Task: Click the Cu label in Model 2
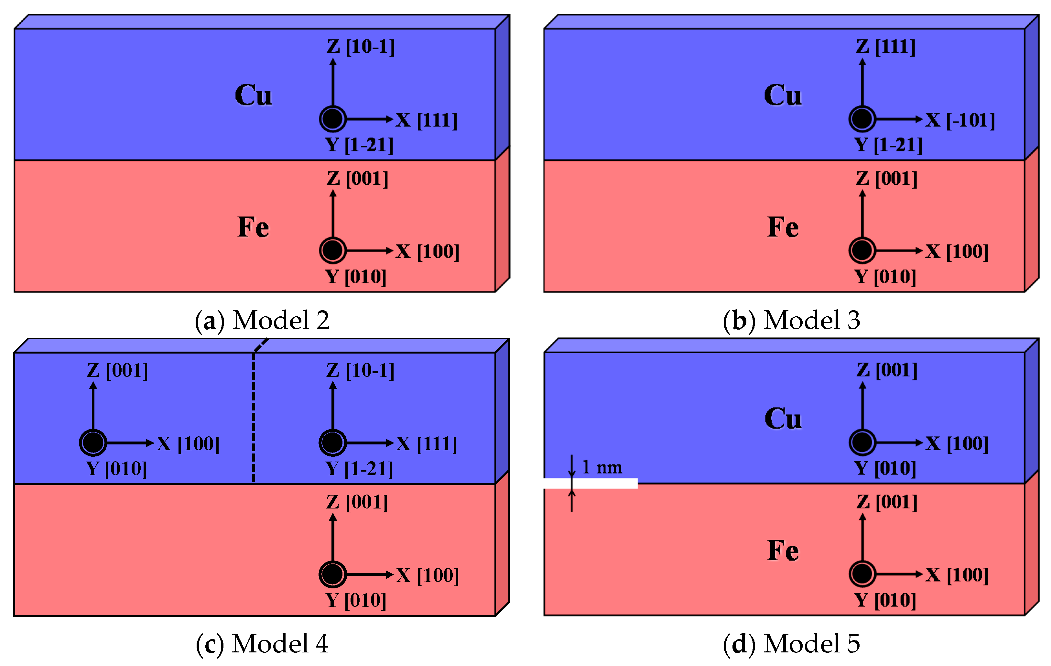point(253,95)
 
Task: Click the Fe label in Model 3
point(783,227)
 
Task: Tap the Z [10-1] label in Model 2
point(361,46)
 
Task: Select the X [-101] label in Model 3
point(960,120)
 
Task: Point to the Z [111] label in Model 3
point(885,46)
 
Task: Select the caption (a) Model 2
point(262,320)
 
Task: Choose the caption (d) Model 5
point(791,643)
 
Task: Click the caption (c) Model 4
point(262,643)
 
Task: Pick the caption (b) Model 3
point(791,320)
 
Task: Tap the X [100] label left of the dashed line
point(188,444)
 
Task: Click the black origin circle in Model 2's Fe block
point(332,250)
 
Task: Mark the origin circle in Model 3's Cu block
point(862,119)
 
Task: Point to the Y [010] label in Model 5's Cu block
point(885,468)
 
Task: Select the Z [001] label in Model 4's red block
point(357,502)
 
